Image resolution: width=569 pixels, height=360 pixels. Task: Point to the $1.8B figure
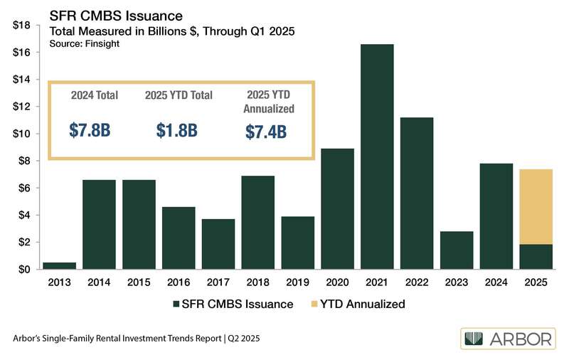click(x=178, y=130)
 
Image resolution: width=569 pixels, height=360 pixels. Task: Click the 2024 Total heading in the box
click(x=95, y=95)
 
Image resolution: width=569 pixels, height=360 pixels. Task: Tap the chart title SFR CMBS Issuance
click(x=115, y=15)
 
